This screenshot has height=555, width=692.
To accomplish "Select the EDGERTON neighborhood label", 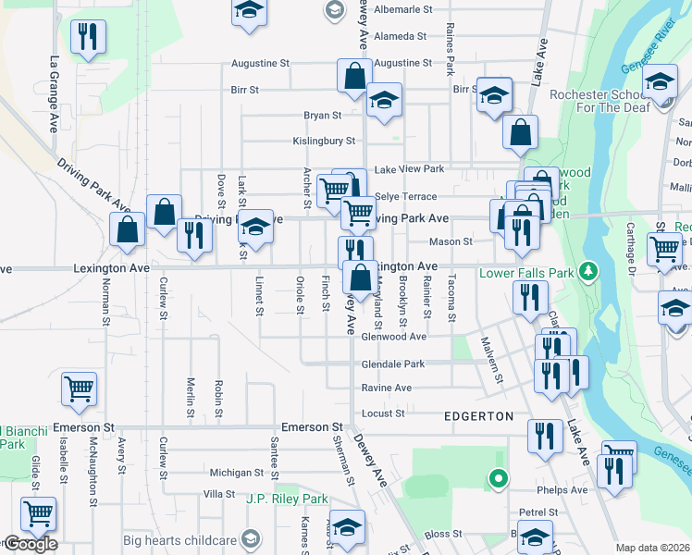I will (x=478, y=416).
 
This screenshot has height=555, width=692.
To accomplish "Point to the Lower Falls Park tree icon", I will (x=586, y=271).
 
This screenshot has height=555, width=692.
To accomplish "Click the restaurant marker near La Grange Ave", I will (x=88, y=38).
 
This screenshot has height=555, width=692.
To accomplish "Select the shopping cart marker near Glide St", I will (x=38, y=513).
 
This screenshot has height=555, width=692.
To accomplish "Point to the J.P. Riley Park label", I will (x=288, y=499).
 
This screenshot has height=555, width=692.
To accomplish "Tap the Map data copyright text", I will (x=653, y=548).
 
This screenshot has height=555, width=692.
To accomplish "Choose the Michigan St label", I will (x=217, y=472).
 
